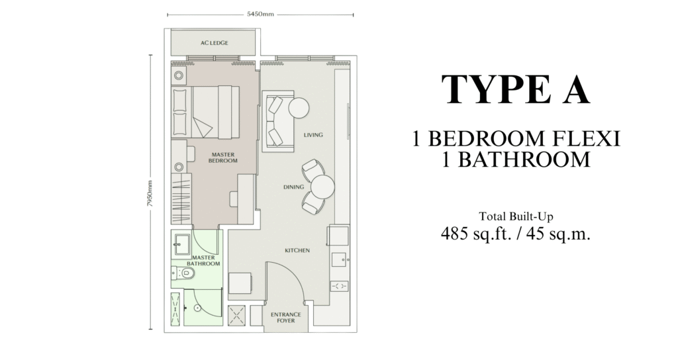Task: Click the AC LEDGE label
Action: (x=214, y=43)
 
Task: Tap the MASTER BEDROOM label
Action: (x=223, y=157)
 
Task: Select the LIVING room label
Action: (x=313, y=135)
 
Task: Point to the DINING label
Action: (x=293, y=187)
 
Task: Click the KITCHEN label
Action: (x=297, y=251)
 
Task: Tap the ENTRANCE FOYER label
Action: (x=286, y=318)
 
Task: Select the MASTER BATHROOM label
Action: (x=203, y=261)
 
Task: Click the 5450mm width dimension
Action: (x=260, y=14)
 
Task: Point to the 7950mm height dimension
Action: (x=150, y=194)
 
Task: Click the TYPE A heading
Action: (x=515, y=89)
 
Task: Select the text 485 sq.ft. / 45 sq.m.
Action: (x=515, y=234)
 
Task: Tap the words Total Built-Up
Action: (x=516, y=216)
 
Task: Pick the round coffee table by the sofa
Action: (x=299, y=108)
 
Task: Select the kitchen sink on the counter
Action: (x=340, y=259)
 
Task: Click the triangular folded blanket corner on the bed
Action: (x=202, y=127)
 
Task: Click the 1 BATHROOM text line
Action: (x=515, y=159)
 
